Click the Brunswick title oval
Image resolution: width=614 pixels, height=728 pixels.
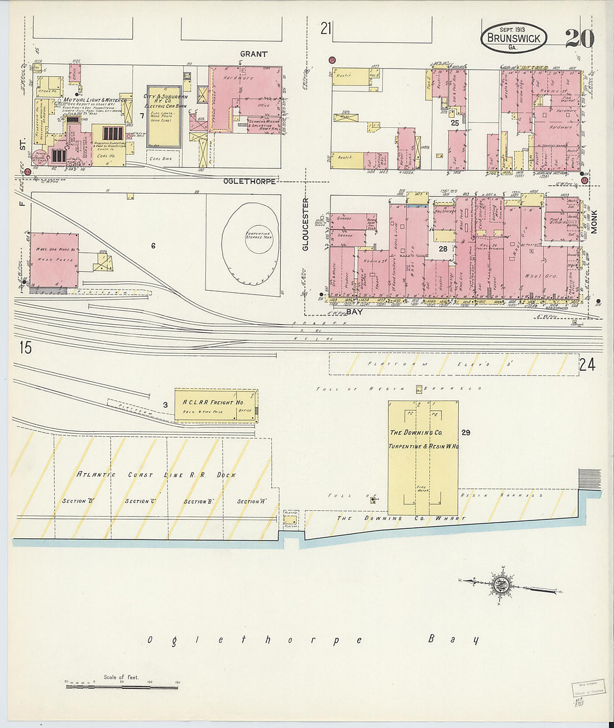[514, 38]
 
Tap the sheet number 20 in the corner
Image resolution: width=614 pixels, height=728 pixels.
[579, 38]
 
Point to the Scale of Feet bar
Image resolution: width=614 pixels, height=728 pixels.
[121, 686]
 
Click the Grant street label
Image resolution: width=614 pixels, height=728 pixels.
[253, 54]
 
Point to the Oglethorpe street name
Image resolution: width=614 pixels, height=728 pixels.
[249, 181]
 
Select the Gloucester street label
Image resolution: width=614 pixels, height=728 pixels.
[305, 224]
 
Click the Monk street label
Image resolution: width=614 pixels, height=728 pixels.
[593, 221]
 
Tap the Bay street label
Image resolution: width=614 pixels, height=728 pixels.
[354, 312]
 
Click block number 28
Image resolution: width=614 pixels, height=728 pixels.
[443, 249]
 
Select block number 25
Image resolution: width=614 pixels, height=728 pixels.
[455, 122]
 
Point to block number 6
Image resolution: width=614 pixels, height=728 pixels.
[153, 245]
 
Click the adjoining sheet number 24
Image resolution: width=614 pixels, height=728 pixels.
[587, 365]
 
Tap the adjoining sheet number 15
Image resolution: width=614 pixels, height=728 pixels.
[25, 348]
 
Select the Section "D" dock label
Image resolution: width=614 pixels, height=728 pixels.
[78, 500]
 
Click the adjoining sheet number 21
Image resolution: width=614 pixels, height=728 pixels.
[326, 28]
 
